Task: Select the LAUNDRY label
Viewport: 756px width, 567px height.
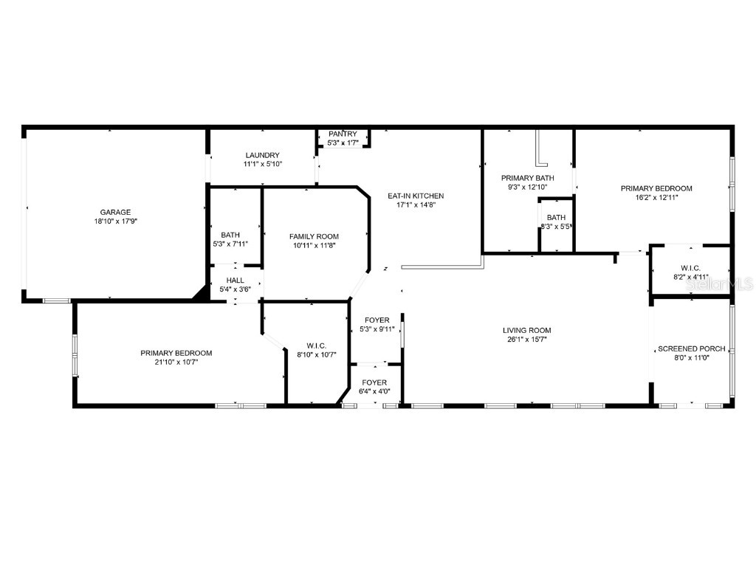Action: coord(263,155)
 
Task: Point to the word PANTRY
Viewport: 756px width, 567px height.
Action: coord(343,134)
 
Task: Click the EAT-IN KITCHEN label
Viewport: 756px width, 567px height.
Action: coord(416,196)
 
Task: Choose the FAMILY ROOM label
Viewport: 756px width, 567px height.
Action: coord(314,236)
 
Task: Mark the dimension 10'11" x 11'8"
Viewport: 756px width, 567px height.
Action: coord(314,246)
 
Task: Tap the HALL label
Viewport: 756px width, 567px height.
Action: coord(235,281)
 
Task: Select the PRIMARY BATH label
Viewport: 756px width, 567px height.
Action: coord(527,178)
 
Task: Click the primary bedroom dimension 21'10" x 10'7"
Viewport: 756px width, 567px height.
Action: coord(176,362)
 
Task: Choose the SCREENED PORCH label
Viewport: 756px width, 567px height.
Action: coord(692,348)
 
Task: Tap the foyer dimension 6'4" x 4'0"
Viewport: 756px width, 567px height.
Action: coord(374,391)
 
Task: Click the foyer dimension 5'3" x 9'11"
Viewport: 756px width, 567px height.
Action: coord(377,329)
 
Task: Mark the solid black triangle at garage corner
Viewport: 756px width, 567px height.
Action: coord(200,293)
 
